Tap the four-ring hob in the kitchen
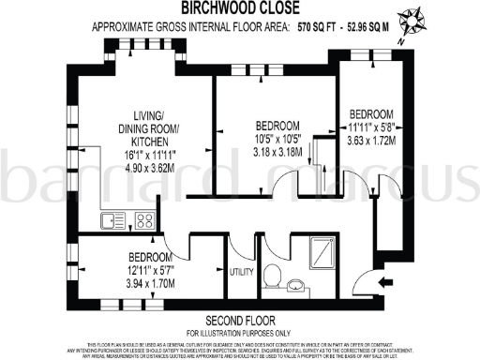145,221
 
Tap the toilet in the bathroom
273,274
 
